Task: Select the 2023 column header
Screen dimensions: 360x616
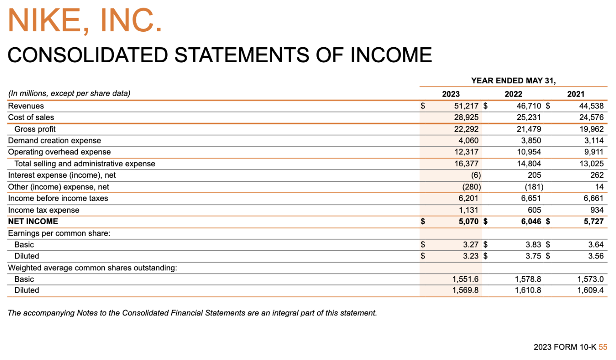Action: click(x=451, y=94)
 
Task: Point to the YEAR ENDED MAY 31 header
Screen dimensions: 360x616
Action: click(x=513, y=81)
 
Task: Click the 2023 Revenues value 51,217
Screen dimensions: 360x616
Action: click(x=467, y=106)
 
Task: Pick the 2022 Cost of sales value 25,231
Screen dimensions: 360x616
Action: click(x=529, y=118)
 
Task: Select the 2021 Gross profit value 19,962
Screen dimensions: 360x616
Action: click(x=590, y=129)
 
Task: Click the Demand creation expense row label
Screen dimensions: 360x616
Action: click(x=55, y=141)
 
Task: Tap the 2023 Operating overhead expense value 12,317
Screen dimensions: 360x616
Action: click(x=467, y=152)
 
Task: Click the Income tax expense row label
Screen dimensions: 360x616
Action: click(x=44, y=210)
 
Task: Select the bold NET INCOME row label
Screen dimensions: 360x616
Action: click(x=33, y=221)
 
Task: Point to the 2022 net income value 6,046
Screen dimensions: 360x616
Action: click(x=531, y=221)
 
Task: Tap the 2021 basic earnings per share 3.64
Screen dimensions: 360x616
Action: click(x=596, y=244)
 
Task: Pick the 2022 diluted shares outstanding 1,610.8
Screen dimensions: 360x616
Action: click(x=528, y=290)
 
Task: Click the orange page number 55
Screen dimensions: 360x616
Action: click(x=603, y=347)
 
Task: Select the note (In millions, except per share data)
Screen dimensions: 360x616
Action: click(x=69, y=94)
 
